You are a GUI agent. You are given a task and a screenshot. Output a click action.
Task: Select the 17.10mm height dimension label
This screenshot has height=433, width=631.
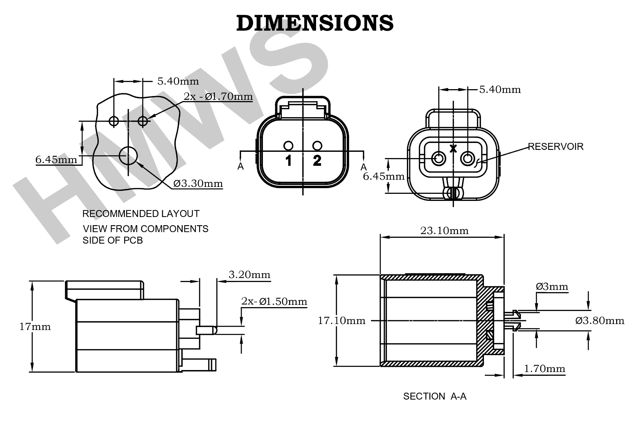tap(342, 321)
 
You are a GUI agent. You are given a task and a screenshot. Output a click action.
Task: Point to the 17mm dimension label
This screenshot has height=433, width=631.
tap(35, 327)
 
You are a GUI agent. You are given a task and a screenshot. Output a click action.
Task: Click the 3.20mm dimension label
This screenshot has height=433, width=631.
tap(249, 275)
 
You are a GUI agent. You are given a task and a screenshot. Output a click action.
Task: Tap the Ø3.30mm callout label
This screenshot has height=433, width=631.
tap(198, 184)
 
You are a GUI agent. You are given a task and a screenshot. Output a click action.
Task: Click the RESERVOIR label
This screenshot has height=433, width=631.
tap(555, 147)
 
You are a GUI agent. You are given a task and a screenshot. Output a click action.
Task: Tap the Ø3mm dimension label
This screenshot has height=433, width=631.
tap(552, 287)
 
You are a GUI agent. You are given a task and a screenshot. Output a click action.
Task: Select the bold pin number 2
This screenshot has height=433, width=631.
tap(317, 161)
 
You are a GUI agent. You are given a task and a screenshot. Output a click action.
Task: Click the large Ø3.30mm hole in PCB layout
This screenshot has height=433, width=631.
tap(128, 156)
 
